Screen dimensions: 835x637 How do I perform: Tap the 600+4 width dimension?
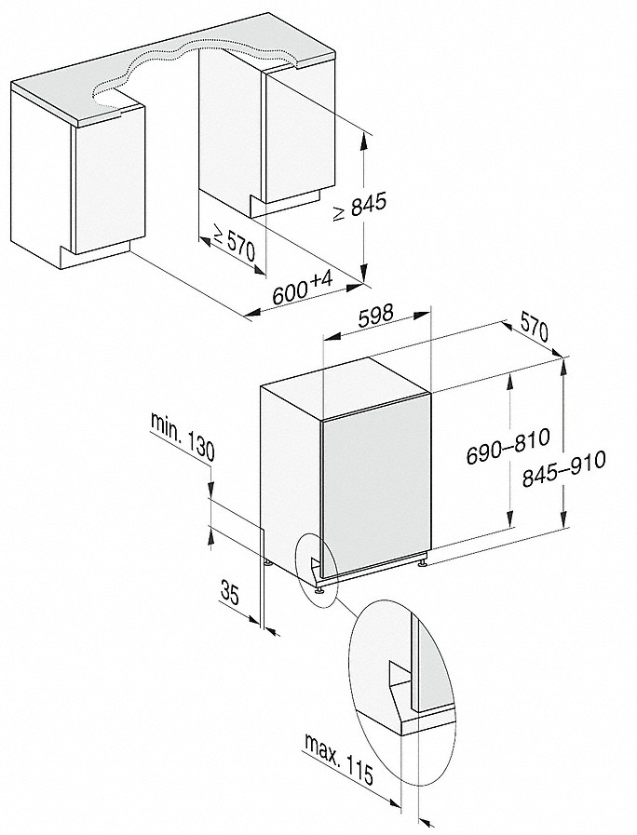[x=303, y=290]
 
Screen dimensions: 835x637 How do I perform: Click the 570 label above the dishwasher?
[x=534, y=330]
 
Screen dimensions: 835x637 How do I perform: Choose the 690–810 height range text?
[x=506, y=447]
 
